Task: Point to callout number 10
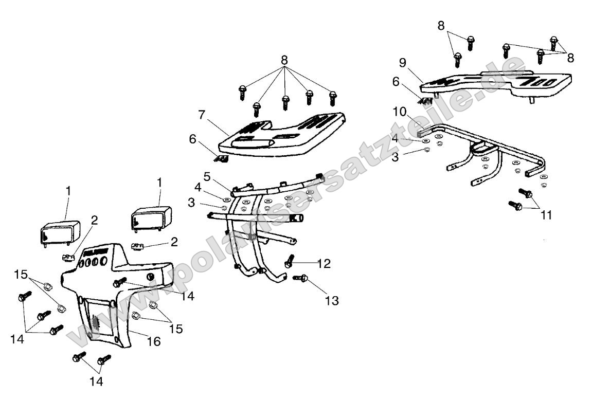point(400,112)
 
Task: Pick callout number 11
point(546,215)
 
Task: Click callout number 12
point(324,264)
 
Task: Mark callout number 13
point(332,301)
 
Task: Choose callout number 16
point(154,341)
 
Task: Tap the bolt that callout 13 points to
point(300,278)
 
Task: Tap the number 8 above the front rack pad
point(284,60)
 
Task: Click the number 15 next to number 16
point(176,329)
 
